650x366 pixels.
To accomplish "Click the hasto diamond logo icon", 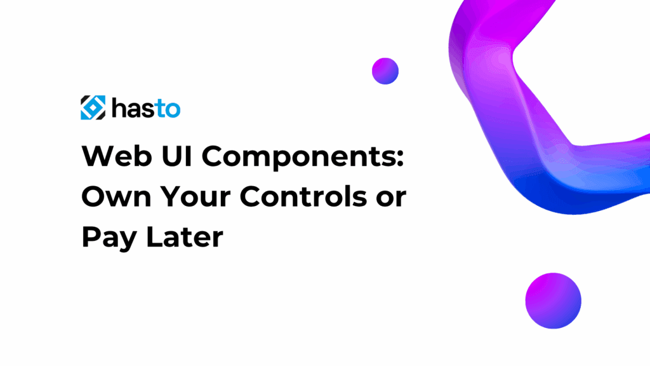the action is click(x=93, y=108).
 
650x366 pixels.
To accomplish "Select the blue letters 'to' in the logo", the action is click(x=168, y=109).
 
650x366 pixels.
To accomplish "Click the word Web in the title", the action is click(x=117, y=156).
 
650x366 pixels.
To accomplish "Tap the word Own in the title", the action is click(x=117, y=197).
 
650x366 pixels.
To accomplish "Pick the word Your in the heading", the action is click(x=196, y=197).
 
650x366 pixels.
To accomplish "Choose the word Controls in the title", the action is click(x=303, y=196).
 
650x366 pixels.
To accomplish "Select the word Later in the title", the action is click(x=185, y=237).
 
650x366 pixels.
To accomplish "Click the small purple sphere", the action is click(x=385, y=71).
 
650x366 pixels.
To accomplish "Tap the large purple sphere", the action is click(x=554, y=301).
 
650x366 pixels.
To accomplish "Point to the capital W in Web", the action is click(x=100, y=156).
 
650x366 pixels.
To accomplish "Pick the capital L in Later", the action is click(x=156, y=237).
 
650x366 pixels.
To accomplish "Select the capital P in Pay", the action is click(x=91, y=237).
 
